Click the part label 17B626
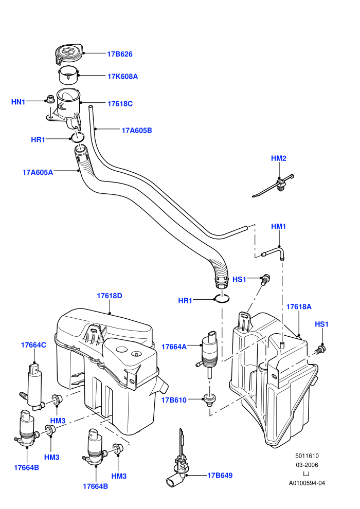[120, 54]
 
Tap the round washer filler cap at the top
[68, 53]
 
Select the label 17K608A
[123, 77]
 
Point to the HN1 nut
[50, 99]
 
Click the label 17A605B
[137, 131]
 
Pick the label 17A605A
[38, 172]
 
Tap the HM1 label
[279, 227]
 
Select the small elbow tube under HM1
[274, 252]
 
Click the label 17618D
[110, 296]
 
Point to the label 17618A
[299, 307]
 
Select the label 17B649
[220, 476]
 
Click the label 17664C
[33, 345]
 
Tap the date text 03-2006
[307, 465]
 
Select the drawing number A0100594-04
[307, 483]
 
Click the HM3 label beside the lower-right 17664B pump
[119, 476]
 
